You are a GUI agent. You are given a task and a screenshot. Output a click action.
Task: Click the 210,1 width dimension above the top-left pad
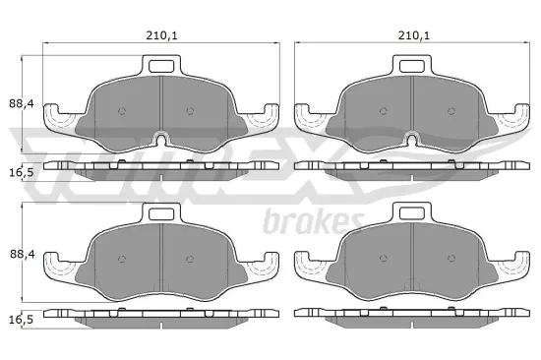[x=161, y=36]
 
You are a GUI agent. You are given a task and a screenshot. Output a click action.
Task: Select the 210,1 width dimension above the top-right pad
[x=413, y=36]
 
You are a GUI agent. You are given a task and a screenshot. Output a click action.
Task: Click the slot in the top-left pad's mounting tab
[x=161, y=67]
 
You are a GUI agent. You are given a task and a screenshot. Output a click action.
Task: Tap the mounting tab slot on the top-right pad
[x=412, y=67]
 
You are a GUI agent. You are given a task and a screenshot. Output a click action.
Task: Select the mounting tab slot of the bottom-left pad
[x=161, y=213]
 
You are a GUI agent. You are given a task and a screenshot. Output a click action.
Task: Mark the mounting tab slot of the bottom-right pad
[x=412, y=213]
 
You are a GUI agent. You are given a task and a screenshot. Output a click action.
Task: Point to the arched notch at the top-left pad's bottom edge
[x=161, y=136]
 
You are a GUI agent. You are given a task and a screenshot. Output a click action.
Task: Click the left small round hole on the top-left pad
[x=121, y=110]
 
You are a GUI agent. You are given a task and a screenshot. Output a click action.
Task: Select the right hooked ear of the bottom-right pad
[x=510, y=265]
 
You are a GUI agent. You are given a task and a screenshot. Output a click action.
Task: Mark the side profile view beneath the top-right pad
[x=412, y=167]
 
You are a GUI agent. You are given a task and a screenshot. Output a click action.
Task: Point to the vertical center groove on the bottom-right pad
[x=412, y=261]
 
